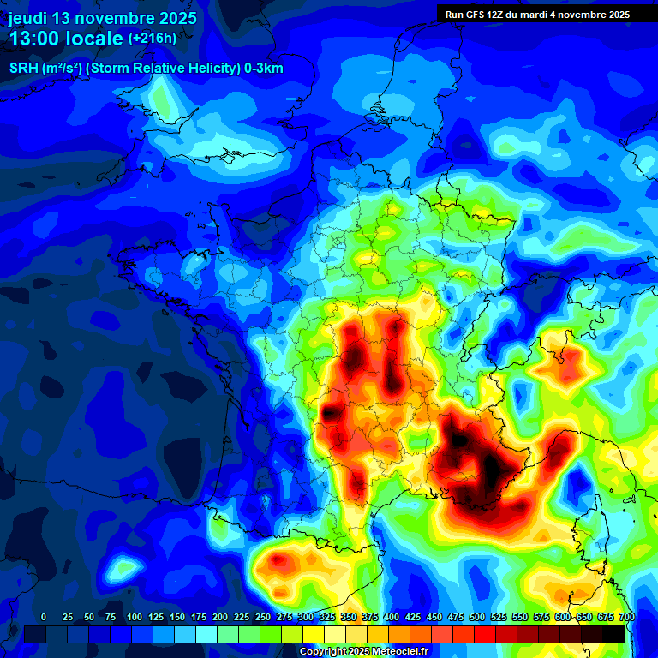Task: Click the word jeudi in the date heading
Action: [x=30, y=18]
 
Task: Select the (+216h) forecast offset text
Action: [x=152, y=39]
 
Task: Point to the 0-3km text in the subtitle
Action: [x=263, y=69]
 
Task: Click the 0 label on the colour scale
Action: [x=44, y=617]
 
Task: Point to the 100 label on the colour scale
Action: [x=134, y=617]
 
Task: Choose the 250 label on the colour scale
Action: [x=262, y=617]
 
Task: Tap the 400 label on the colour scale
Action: [x=392, y=617]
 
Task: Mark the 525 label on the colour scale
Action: [x=499, y=617]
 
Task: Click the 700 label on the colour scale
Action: [x=627, y=617]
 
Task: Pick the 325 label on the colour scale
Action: [x=327, y=617]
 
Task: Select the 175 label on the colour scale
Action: [x=198, y=617]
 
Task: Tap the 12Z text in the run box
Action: [x=498, y=15]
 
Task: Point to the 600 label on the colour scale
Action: [x=563, y=617]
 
